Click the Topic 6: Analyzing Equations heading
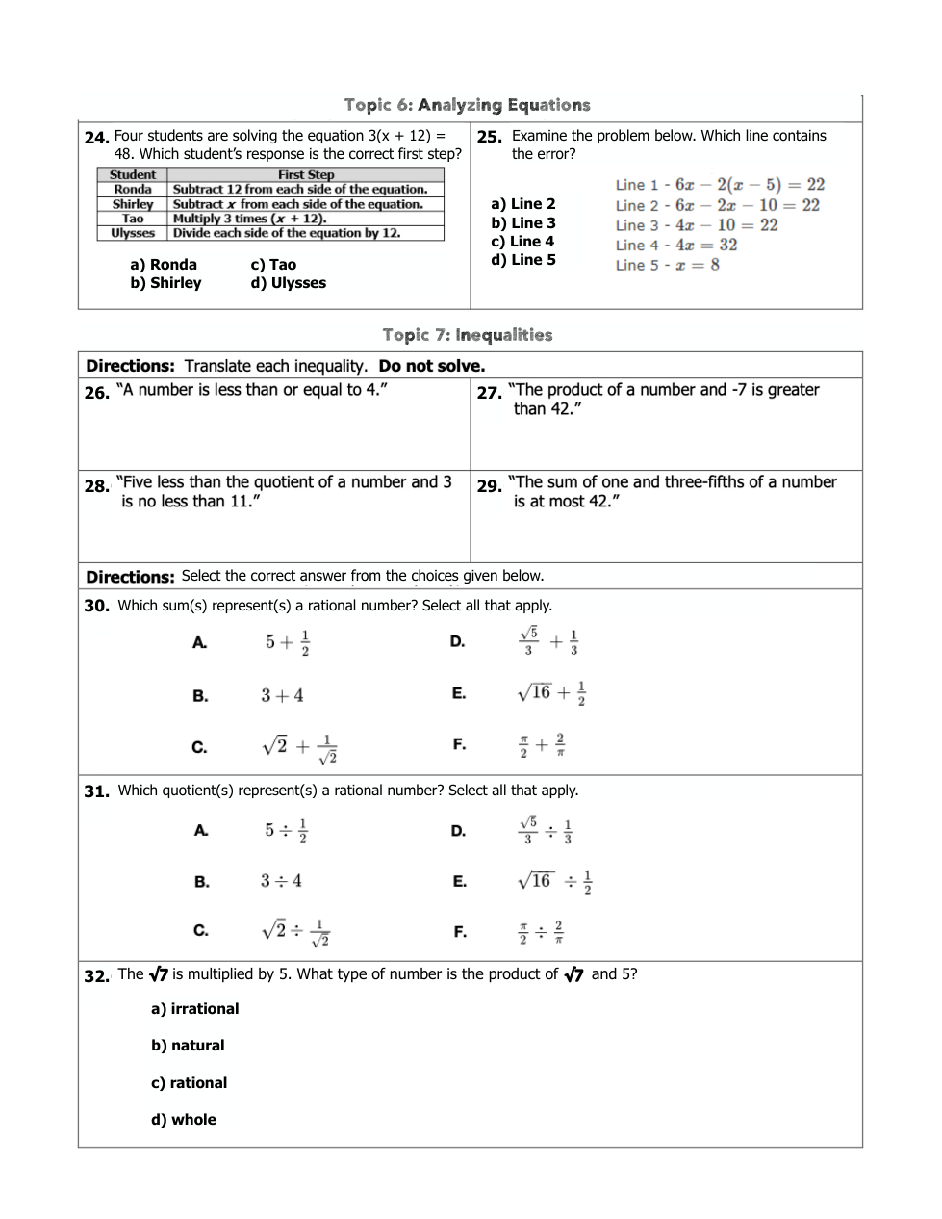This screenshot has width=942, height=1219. pos(467,105)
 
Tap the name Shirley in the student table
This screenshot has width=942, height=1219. pos(133,204)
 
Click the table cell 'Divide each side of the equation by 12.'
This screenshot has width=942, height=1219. pos(287,233)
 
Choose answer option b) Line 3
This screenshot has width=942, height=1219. pos(523,223)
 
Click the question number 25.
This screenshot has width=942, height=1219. pos(489,137)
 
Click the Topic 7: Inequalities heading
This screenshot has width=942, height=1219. pos(467,335)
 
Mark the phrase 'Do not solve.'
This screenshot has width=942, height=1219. pos(432,366)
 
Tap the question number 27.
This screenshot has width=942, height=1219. pos(489,392)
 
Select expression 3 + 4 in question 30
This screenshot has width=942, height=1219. pos(282,695)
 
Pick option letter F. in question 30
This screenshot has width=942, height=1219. pos(459,744)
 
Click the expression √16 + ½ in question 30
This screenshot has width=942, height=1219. pos(551,693)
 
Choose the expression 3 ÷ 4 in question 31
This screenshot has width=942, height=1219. pos(281,880)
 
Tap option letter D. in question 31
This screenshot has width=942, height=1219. pos(458,830)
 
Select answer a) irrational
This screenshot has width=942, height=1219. pos(194,1009)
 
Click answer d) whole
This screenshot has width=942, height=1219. pos(184,1120)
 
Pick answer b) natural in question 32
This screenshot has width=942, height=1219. pos(188,1046)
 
